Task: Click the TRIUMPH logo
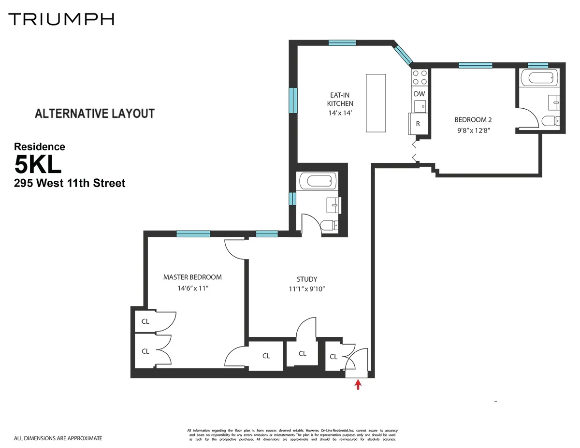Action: click(x=61, y=19)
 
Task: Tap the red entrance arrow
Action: click(x=358, y=384)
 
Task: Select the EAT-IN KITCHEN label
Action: click(x=340, y=99)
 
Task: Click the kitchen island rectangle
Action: click(x=376, y=103)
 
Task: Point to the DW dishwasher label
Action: click(x=420, y=94)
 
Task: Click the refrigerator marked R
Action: click(x=418, y=124)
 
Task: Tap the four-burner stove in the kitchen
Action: click(x=420, y=77)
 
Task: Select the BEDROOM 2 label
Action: click(x=473, y=119)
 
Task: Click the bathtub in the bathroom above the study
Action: click(x=318, y=182)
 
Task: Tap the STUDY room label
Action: click(x=307, y=279)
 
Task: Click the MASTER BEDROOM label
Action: click(x=192, y=277)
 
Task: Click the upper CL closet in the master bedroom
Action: click(x=145, y=321)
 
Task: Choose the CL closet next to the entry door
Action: click(x=333, y=357)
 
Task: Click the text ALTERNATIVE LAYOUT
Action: click(x=95, y=114)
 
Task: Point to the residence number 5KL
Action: click(x=38, y=165)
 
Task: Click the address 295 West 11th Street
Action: click(x=70, y=183)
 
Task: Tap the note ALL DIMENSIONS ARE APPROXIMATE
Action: click(x=58, y=438)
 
